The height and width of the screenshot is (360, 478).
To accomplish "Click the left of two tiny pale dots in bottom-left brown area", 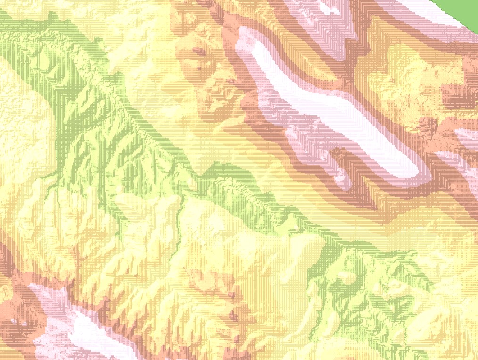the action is click(11, 323).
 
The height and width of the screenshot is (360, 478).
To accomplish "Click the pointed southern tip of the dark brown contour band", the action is click(375, 208).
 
